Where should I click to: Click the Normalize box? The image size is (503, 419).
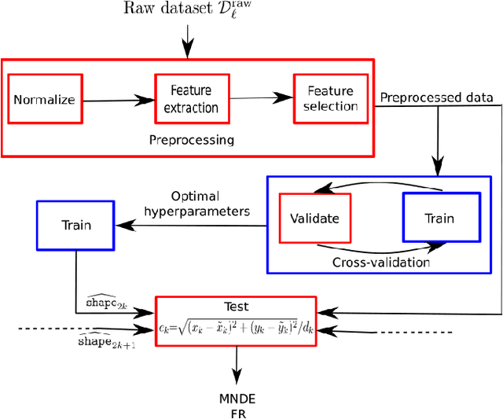(x=45, y=100)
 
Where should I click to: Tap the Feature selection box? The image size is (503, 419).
(x=330, y=98)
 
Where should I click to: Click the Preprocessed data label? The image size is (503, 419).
(x=436, y=97)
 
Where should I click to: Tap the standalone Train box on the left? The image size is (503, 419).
(x=75, y=224)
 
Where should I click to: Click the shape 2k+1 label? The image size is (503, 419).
(x=107, y=340)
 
